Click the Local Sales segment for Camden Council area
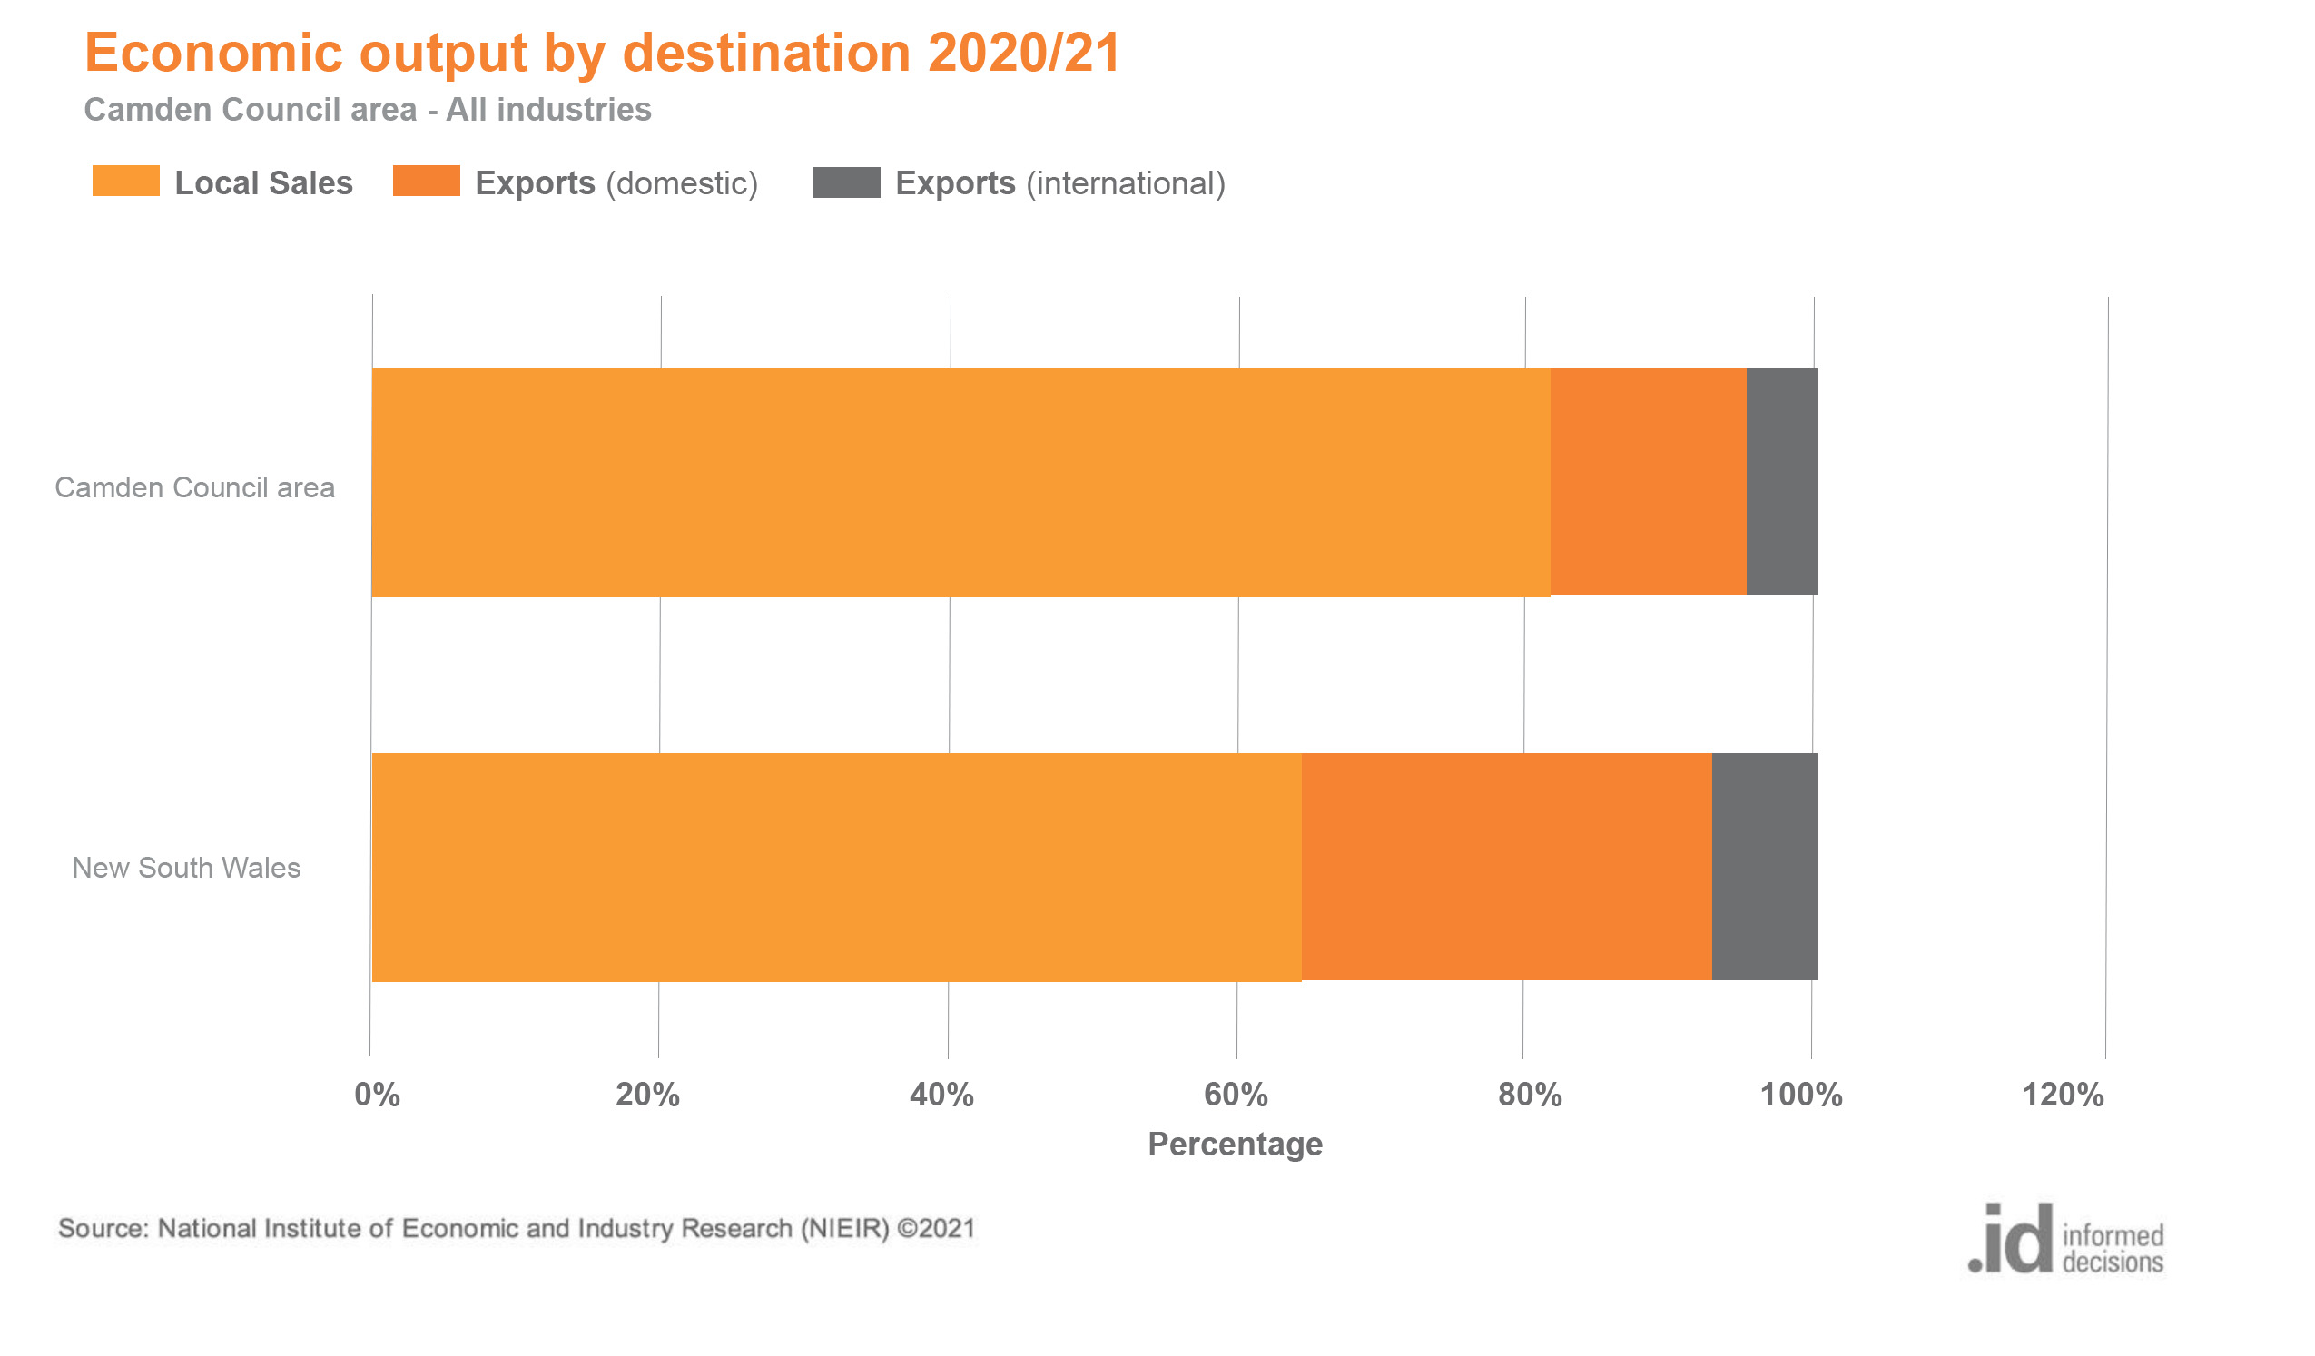[960, 482]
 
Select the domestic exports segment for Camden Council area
[1647, 482]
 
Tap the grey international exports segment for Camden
[1780, 482]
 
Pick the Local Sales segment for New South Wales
[836, 868]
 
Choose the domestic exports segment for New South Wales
[1506, 868]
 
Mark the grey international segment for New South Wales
[1764, 868]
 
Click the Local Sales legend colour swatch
[126, 182]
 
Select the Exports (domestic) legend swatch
[427, 182]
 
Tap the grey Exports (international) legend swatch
[846, 182]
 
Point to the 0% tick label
[377, 1096]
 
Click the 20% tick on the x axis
[647, 1096]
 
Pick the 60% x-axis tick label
[1236, 1096]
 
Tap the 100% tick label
[1800, 1096]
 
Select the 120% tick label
[2063, 1096]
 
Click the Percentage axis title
[1235, 1145]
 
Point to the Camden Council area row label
[195, 487]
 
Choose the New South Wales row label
[186, 869]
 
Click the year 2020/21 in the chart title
[1023, 53]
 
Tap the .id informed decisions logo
[2065, 1239]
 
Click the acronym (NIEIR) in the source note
[844, 1229]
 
